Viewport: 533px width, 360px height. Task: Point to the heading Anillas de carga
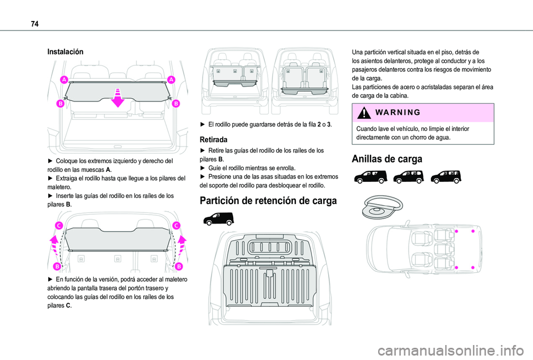(x=386, y=159)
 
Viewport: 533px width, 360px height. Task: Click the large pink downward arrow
(x=117, y=96)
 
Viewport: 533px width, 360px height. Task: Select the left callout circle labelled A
(x=64, y=80)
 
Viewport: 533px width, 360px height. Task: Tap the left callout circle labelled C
(x=58, y=225)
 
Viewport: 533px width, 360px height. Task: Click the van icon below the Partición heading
(x=219, y=217)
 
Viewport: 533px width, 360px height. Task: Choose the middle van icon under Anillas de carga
(x=408, y=177)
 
